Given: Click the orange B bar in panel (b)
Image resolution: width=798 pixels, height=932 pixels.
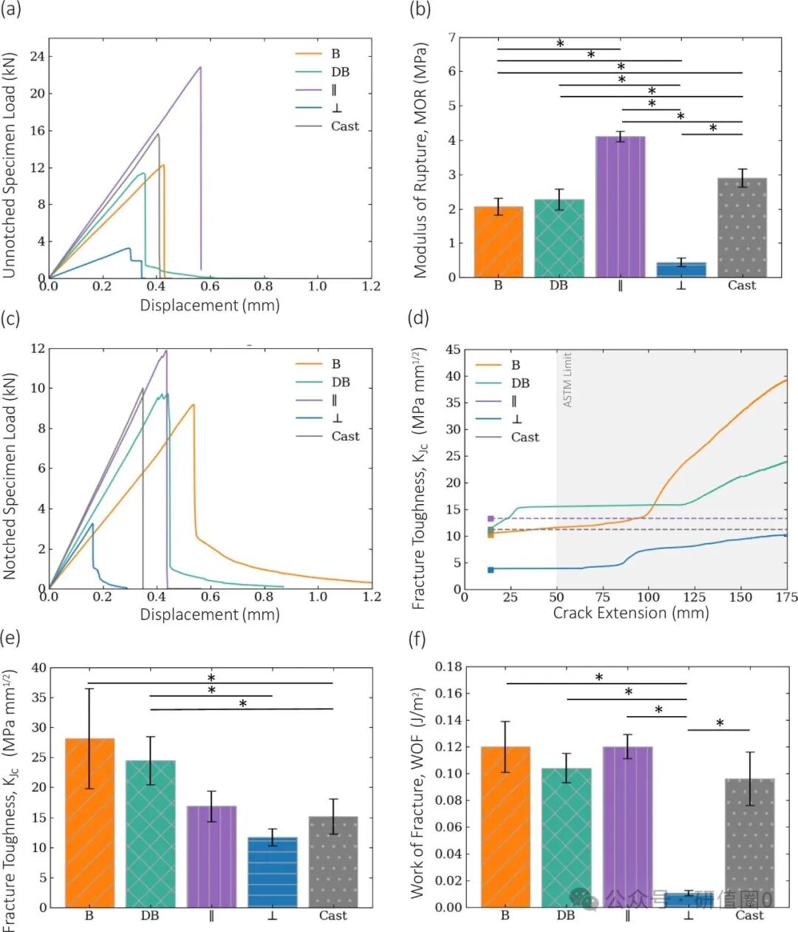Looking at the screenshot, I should [x=498, y=242].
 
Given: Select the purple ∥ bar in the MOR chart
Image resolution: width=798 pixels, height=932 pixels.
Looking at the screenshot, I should [x=620, y=207].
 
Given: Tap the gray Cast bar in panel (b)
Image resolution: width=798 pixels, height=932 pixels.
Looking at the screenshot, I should [x=742, y=228].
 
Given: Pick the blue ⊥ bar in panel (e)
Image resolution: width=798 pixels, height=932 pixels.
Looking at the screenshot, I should [x=273, y=872].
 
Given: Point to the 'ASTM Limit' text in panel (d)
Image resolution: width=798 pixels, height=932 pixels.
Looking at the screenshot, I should [x=567, y=380].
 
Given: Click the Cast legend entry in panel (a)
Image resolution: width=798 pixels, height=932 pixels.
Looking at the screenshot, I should [x=344, y=126].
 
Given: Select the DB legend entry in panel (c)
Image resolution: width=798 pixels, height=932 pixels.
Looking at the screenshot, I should [x=341, y=382].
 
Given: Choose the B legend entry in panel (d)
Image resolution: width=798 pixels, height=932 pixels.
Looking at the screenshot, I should [x=515, y=365].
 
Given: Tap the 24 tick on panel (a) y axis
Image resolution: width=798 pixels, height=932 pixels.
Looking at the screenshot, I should [x=37, y=56].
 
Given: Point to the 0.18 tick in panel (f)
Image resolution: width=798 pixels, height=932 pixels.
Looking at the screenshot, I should [x=449, y=667].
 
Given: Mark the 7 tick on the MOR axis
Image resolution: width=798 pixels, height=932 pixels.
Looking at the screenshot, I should [x=452, y=38].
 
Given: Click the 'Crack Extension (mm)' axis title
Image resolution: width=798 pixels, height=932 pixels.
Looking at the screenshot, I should [x=630, y=613].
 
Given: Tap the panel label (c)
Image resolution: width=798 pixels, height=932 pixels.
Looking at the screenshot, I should [x=11, y=319].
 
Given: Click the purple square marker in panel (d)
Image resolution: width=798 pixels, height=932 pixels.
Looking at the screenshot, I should [x=491, y=519].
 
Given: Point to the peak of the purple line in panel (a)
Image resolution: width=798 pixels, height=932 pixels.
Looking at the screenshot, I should [x=200, y=67].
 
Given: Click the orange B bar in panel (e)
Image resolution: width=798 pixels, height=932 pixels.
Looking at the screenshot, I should [x=90, y=823].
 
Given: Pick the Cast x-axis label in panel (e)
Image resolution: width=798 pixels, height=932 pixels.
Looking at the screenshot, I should [x=332, y=916].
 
